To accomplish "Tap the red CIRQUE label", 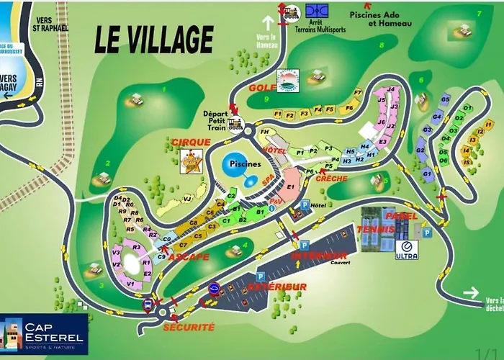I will coord(191,142).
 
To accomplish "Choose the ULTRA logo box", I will coord(406,249).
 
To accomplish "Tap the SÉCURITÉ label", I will coord(189,326).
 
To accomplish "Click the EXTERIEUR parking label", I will coord(276,287).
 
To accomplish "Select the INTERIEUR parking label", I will coord(319,256).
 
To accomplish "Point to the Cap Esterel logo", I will coord(44,334).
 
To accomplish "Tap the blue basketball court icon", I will coord(316,12).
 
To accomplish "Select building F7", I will coord(358,92).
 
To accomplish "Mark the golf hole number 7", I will coord(477,14).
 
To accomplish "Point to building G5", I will coord(445,99).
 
